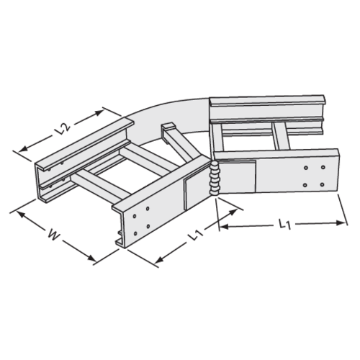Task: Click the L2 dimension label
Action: click(63, 130)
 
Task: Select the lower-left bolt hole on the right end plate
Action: click(306, 184)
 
